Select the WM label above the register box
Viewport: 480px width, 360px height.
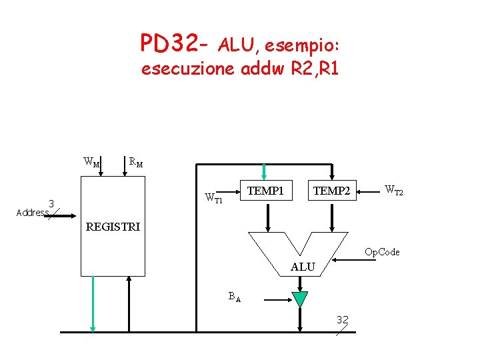click(x=91, y=161)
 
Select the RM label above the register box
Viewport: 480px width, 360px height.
click(x=135, y=161)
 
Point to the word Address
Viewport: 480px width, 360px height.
click(x=31, y=213)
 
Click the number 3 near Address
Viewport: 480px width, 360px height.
click(x=51, y=203)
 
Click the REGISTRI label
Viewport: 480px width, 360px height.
click(x=113, y=227)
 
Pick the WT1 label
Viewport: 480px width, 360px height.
click(x=213, y=197)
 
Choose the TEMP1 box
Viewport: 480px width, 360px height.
click(x=265, y=191)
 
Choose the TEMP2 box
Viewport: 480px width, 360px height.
click(x=331, y=191)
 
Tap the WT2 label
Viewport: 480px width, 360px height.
click(x=393, y=191)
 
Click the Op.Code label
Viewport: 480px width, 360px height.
click(x=382, y=252)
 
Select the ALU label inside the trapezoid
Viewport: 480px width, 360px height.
click(x=303, y=267)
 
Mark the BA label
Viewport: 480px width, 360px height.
click(x=234, y=296)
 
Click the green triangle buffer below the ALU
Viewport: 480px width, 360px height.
click(x=300, y=299)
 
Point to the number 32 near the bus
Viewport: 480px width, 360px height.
click(x=343, y=320)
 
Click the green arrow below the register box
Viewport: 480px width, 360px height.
click(x=93, y=303)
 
